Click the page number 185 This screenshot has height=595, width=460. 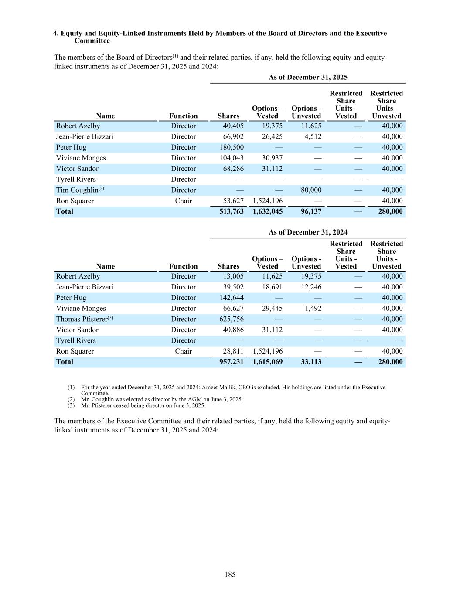click(230, 575)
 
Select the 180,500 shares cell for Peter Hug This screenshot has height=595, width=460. click(232, 147)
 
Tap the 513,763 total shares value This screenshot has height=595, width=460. click(232, 211)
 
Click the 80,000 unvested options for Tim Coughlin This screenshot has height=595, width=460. click(311, 190)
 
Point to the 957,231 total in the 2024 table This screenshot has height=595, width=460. click(232, 362)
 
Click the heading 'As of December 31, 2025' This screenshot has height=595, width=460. click(308, 77)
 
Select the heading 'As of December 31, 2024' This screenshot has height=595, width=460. click(308, 232)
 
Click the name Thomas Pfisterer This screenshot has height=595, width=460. click(82, 319)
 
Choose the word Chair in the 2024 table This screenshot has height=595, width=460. click(183, 351)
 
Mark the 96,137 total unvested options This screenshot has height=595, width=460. click(311, 211)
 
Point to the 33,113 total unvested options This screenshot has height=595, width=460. click(311, 362)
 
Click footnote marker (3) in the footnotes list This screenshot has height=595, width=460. click(71, 405)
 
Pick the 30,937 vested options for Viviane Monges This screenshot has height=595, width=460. click(273, 158)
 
